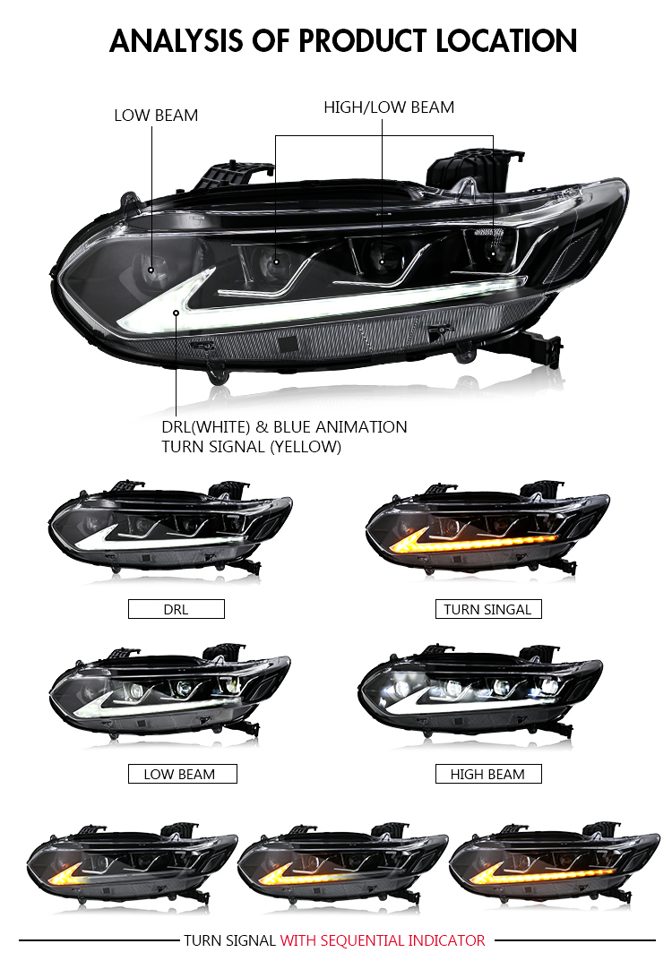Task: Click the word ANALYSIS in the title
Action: click(177, 41)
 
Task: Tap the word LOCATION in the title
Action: click(506, 41)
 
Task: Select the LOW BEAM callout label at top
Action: click(156, 116)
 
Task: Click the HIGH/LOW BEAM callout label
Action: click(389, 107)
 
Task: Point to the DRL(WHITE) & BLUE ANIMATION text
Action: click(285, 427)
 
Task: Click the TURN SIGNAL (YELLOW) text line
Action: click(252, 447)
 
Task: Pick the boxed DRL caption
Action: click(176, 609)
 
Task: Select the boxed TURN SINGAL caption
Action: click(488, 609)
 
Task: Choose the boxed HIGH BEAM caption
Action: click(488, 774)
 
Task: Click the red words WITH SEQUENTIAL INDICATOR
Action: click(383, 940)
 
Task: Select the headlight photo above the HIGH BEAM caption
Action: click(480, 691)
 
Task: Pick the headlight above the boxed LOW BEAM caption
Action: click(169, 692)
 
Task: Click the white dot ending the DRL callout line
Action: click(177, 313)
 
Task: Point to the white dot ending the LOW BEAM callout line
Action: click(151, 270)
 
